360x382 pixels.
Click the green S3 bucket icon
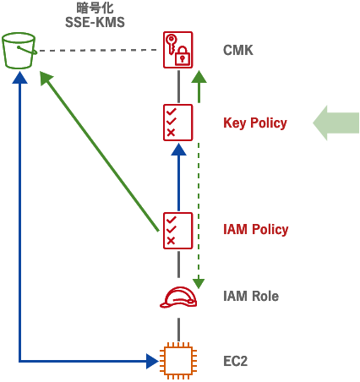(20, 51)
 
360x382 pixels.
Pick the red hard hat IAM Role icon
(178, 297)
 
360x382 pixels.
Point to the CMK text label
(238, 51)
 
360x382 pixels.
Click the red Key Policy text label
(255, 123)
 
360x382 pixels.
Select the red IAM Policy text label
(256, 230)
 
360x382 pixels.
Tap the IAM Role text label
(251, 297)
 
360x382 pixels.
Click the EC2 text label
(237, 361)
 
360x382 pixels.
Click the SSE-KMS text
(95, 23)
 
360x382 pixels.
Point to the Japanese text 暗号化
(95, 8)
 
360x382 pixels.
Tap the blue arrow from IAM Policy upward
(178, 177)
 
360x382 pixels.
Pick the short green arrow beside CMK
(199, 87)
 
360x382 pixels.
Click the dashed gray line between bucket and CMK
(101, 51)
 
